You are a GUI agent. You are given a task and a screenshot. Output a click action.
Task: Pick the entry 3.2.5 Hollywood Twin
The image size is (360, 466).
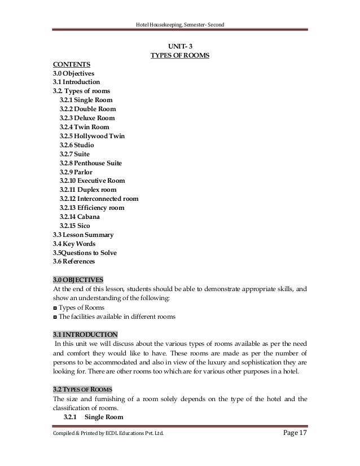tap(91, 136)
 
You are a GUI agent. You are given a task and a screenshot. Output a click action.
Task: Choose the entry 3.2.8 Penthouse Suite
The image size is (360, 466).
tap(90, 163)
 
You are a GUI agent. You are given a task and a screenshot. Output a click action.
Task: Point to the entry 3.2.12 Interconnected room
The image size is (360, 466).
tap(99, 199)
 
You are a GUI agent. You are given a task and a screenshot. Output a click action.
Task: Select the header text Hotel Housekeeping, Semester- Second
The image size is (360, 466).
tap(179, 23)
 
